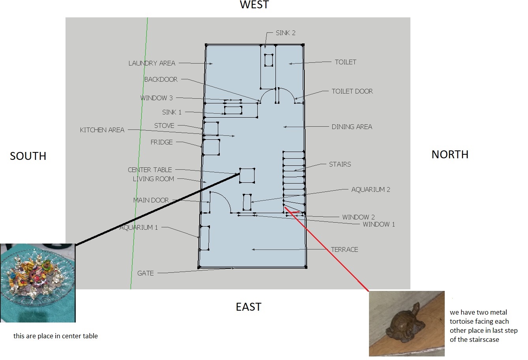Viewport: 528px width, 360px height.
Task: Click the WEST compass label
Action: (255, 5)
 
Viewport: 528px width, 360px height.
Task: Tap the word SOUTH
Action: (28, 156)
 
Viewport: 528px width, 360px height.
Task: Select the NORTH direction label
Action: (450, 154)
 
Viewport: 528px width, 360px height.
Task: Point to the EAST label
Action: (249, 307)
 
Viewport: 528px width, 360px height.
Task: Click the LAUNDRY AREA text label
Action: (152, 63)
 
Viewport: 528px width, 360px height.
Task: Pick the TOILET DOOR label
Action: (352, 91)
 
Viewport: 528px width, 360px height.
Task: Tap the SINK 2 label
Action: (285, 33)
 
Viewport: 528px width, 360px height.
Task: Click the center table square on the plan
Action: (247, 175)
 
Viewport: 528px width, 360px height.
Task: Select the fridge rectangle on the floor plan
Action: (211, 147)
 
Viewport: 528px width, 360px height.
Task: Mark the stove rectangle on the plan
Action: (211, 129)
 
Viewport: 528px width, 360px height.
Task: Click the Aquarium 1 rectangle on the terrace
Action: (204, 238)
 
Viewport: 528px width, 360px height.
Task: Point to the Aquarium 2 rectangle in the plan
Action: (247, 202)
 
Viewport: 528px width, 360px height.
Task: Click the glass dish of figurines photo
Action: (37, 283)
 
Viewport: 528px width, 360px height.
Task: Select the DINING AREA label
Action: (352, 127)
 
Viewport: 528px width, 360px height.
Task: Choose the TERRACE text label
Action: (345, 249)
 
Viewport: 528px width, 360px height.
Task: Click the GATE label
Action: (145, 273)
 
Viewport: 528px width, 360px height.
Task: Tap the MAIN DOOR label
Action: (151, 201)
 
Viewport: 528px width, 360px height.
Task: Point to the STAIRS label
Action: (340, 164)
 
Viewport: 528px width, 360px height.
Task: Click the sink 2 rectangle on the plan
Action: (268, 60)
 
